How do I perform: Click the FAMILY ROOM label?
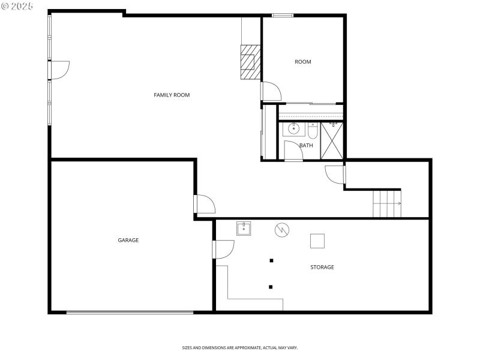[x=172, y=95]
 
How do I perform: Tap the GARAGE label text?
[x=128, y=240]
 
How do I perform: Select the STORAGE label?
[x=322, y=267]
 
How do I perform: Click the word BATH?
[x=306, y=145]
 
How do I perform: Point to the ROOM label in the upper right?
[x=302, y=62]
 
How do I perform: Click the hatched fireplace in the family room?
[x=250, y=62]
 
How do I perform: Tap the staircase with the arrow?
[x=386, y=203]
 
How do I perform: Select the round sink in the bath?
[x=294, y=128]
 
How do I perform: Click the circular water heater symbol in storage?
[x=281, y=229]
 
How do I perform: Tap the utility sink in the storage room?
[x=243, y=228]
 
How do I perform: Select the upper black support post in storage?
[x=271, y=260]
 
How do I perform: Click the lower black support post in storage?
[x=271, y=287]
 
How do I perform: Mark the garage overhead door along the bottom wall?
[x=130, y=312]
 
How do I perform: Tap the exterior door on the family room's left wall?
[x=59, y=70]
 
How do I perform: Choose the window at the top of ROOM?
[x=282, y=15]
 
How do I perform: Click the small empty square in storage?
[x=317, y=241]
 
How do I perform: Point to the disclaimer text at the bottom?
[x=240, y=347]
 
